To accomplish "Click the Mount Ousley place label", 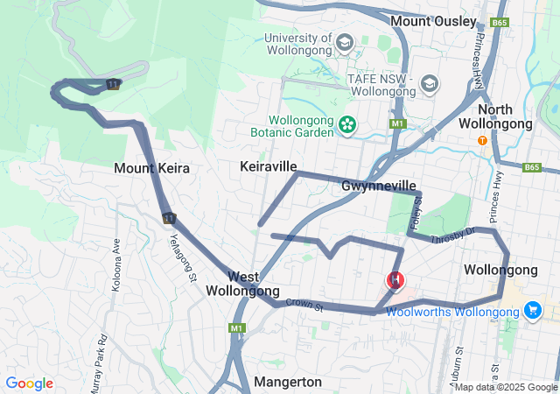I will (x=433, y=20).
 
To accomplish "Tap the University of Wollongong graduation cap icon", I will (x=345, y=43).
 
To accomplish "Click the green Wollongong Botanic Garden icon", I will (x=348, y=125).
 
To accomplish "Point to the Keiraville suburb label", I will (x=269, y=166).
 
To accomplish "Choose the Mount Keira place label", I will (x=151, y=167).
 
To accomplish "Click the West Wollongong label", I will (x=242, y=284).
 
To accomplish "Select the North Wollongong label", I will (x=496, y=116).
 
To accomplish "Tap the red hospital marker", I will (x=396, y=281).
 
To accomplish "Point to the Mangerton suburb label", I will (x=287, y=382).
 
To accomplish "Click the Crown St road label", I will (x=304, y=306).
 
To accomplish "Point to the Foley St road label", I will (x=416, y=214).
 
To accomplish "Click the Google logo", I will (x=29, y=383).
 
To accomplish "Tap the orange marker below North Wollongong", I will (x=481, y=140).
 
